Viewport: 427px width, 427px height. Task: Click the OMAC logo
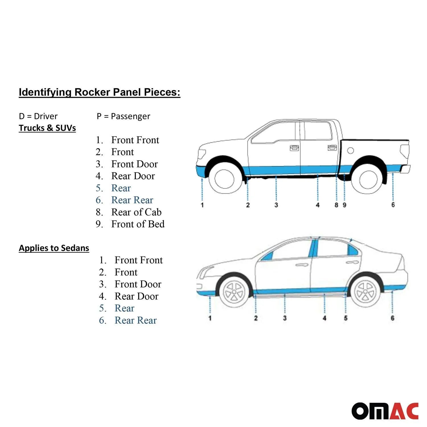385,411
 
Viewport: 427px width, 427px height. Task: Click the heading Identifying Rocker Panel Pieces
100,93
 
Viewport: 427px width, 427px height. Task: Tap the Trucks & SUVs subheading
47,128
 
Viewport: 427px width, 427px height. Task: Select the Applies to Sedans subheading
54,248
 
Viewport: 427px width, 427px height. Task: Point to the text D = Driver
38,116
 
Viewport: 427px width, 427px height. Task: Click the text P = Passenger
123,116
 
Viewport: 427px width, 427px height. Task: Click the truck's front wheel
224,179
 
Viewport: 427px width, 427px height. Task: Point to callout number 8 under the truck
336,205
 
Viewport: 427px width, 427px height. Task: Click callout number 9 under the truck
344,205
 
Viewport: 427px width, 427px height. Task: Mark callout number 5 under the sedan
346,318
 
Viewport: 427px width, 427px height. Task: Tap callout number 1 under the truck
202,205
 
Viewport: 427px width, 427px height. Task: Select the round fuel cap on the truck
350,151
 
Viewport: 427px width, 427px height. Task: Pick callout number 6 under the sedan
392,318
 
